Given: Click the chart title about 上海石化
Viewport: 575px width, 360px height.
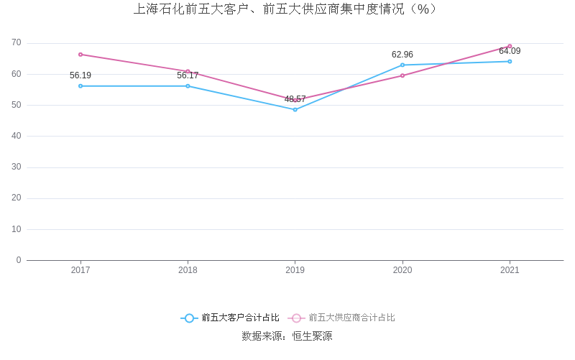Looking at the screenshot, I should pyautogui.click(x=286, y=9).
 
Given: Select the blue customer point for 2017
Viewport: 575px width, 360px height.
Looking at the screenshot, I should pyautogui.click(x=80, y=86).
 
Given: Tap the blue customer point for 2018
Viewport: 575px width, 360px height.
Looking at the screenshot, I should pyautogui.click(x=188, y=86).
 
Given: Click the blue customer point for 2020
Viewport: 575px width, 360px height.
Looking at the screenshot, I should pyautogui.click(x=402, y=65).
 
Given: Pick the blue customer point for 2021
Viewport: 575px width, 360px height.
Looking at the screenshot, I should pyautogui.click(x=510, y=61).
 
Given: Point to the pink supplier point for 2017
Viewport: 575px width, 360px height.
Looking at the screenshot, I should pyautogui.click(x=80, y=55).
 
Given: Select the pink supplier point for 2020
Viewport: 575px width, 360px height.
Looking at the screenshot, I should pyautogui.click(x=402, y=75).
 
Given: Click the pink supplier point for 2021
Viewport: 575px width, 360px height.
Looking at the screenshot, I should pyautogui.click(x=510, y=46).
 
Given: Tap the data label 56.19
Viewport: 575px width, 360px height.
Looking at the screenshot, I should pyautogui.click(x=80, y=75).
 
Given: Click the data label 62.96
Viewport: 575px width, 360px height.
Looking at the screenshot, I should pyautogui.click(x=402, y=55).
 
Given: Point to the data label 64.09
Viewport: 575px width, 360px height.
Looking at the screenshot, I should pyautogui.click(x=510, y=51).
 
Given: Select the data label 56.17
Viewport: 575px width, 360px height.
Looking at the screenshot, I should pyautogui.click(x=188, y=75).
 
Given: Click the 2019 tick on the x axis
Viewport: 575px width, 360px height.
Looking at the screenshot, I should pyautogui.click(x=295, y=270).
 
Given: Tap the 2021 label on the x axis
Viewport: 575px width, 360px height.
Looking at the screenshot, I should pyautogui.click(x=510, y=270).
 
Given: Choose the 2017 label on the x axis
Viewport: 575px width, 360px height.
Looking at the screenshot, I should pyautogui.click(x=80, y=270).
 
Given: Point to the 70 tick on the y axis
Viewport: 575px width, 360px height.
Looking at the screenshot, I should pyautogui.click(x=17, y=43).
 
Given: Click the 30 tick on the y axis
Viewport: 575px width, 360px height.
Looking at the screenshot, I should pyautogui.click(x=17, y=167).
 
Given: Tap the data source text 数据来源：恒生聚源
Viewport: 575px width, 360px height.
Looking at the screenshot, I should pyautogui.click(x=287, y=336).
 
